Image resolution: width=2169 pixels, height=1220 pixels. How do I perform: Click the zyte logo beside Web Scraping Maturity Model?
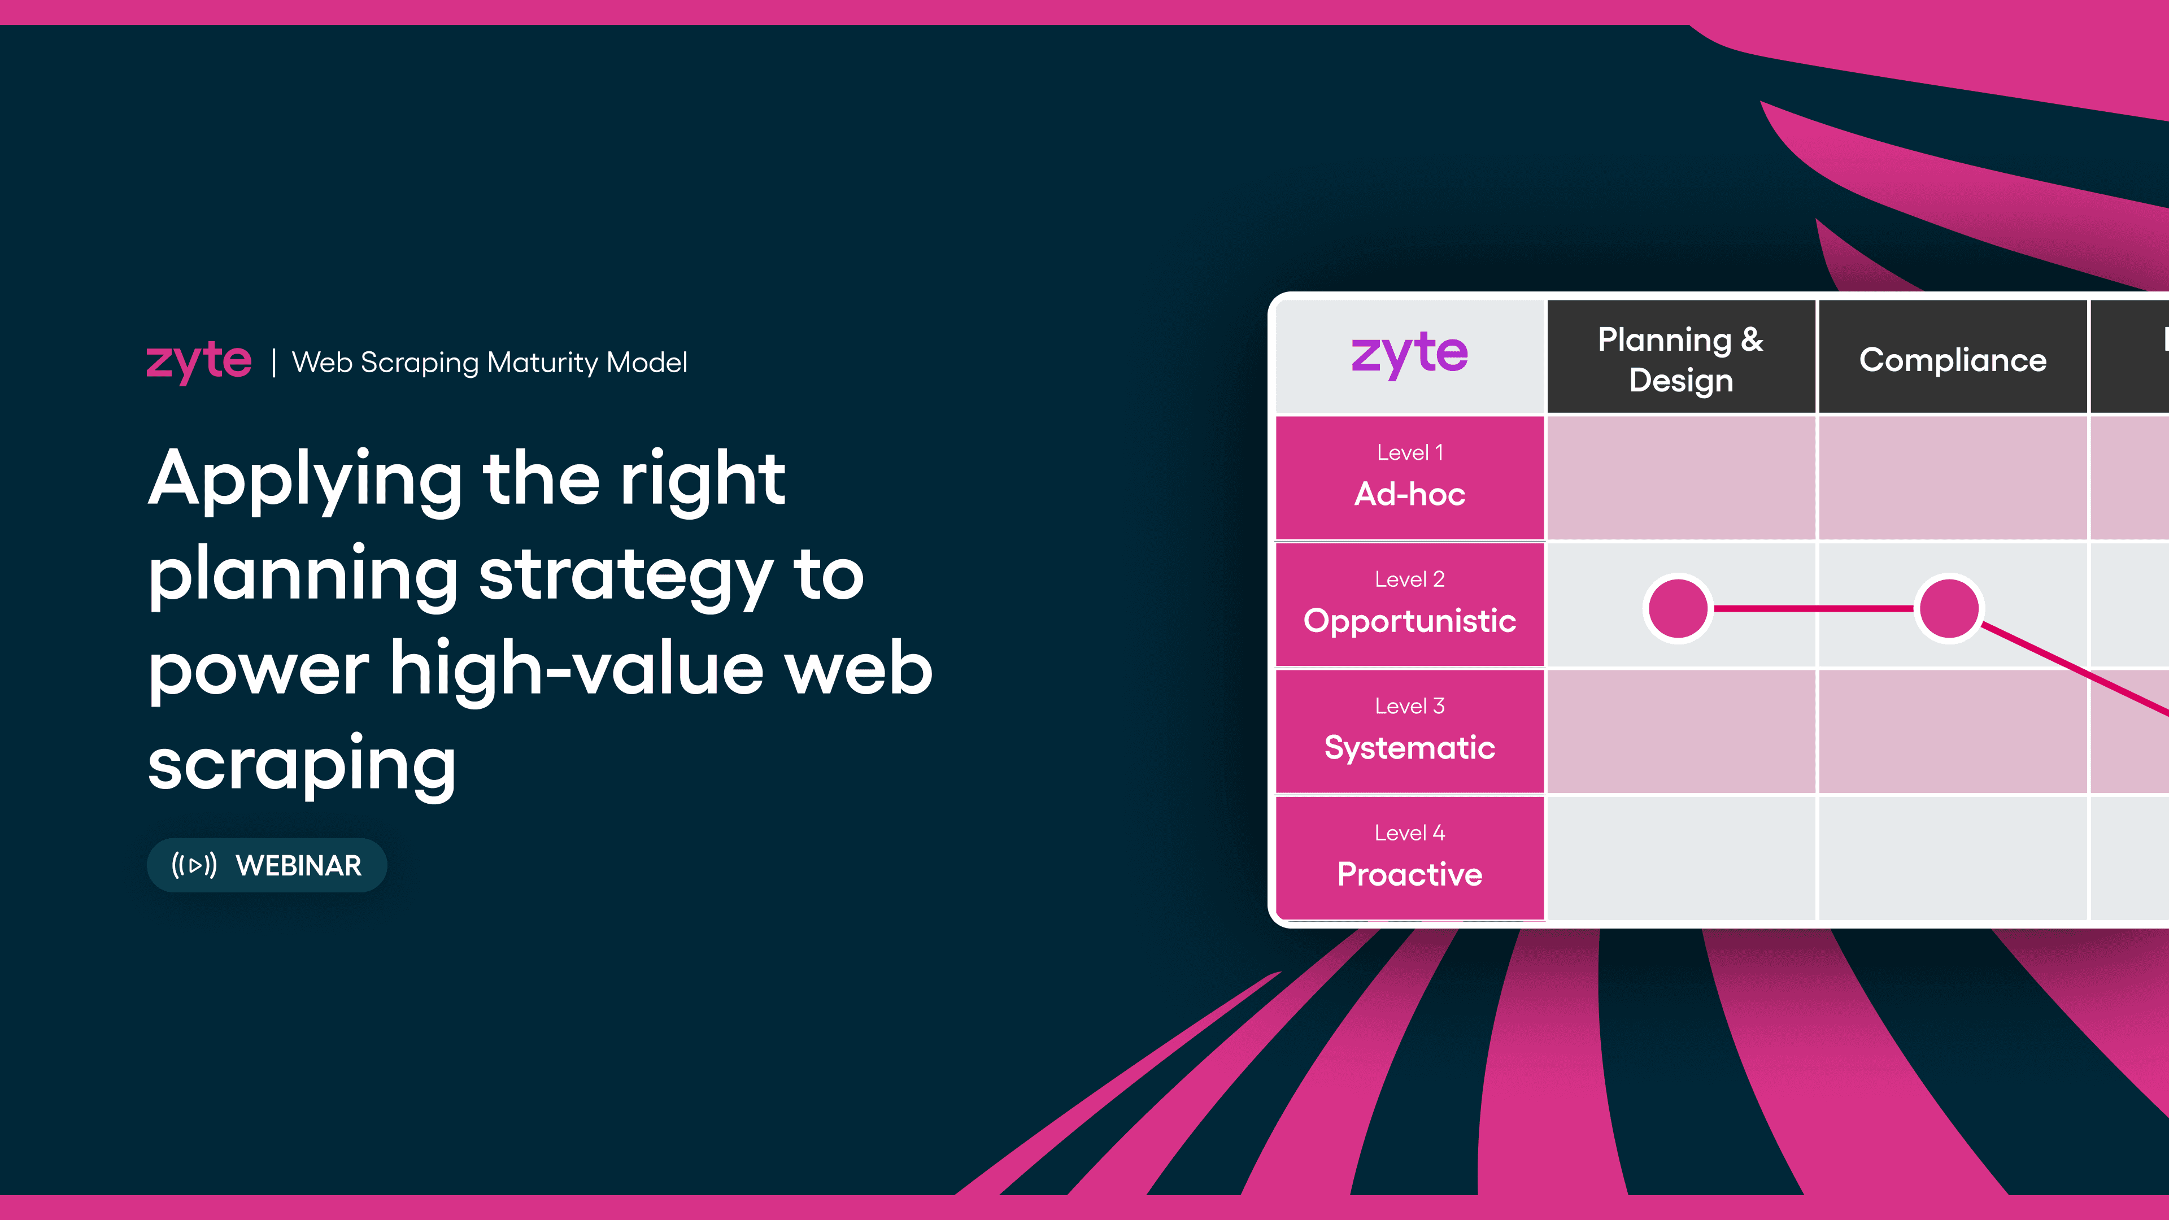(199, 362)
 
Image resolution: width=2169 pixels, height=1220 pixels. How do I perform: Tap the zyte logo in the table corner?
(1409, 355)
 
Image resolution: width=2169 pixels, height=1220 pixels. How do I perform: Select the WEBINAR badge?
(267, 865)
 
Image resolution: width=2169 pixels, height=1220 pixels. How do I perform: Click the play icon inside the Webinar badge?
(194, 865)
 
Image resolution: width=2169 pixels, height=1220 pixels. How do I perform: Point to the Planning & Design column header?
(1680, 359)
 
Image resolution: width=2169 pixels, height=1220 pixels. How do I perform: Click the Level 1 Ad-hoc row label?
(1409, 477)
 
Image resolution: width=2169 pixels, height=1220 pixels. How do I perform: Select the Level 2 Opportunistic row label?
(1409, 604)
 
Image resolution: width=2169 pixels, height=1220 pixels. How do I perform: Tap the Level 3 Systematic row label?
(1409, 731)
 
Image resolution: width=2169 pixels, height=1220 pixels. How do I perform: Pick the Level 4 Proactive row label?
(1409, 858)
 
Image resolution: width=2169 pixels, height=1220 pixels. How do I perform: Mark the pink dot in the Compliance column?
(1948, 608)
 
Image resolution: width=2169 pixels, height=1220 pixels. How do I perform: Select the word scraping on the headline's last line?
(302, 764)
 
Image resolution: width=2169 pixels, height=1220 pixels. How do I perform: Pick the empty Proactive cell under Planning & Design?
(1680, 858)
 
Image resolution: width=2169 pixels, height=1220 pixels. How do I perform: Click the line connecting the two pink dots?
(1813, 608)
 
